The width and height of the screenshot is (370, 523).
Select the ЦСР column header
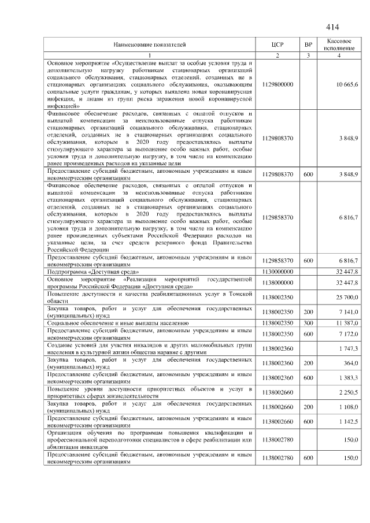point(277,44)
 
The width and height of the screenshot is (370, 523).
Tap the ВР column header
point(308,44)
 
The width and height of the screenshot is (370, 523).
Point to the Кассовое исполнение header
point(339,44)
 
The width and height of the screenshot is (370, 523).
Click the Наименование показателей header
point(150,44)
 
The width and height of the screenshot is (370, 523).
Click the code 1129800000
point(277,84)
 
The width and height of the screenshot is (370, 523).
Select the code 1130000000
point(277,270)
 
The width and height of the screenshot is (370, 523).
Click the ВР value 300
point(308,323)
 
